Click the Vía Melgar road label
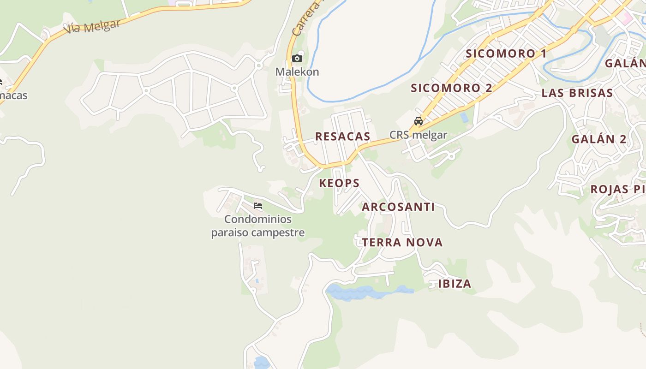(92, 26)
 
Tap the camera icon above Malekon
(297, 58)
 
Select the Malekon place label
(297, 72)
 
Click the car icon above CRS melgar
(419, 121)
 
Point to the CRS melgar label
(418, 135)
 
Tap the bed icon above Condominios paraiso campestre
(258, 205)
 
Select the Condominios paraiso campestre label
(258, 226)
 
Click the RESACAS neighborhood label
(342, 137)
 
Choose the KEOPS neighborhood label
(339, 183)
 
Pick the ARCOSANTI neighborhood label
(398, 207)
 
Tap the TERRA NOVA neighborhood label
(402, 243)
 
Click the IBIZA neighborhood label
(455, 284)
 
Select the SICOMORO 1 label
(506, 54)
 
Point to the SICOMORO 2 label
(451, 88)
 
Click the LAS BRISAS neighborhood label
(577, 93)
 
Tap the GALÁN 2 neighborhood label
(599, 139)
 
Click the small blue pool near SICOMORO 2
(464, 118)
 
